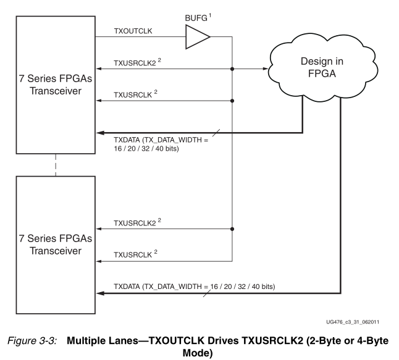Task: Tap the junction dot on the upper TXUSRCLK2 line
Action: (232, 69)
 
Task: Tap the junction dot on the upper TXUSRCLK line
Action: (232, 101)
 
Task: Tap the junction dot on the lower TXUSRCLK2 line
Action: (232, 228)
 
